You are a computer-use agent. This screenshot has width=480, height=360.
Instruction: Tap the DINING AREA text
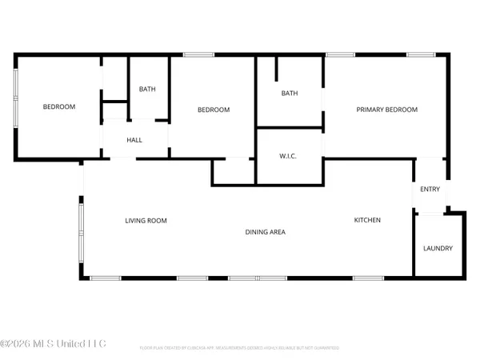tap(265, 232)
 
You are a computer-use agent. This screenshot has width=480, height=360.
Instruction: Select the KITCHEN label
tap(368, 220)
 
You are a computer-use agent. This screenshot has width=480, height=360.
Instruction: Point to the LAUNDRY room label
tap(438, 248)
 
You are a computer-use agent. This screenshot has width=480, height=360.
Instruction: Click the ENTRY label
tap(430, 189)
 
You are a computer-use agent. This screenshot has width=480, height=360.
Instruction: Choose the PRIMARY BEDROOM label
tap(387, 110)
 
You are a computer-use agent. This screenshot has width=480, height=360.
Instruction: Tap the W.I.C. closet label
tap(289, 155)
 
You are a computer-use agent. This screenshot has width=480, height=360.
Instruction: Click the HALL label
tap(134, 140)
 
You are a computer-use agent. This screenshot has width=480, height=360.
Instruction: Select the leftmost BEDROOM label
tap(59, 106)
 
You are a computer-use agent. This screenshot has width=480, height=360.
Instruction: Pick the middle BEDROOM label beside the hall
tap(214, 110)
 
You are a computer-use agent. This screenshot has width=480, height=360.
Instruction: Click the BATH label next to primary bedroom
tap(289, 94)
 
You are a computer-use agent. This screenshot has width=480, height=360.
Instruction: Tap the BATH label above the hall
tap(147, 89)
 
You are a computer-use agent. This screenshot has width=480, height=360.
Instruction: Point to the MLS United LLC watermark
tap(53, 344)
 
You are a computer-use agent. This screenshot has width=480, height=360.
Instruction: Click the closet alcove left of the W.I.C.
tap(233, 171)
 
